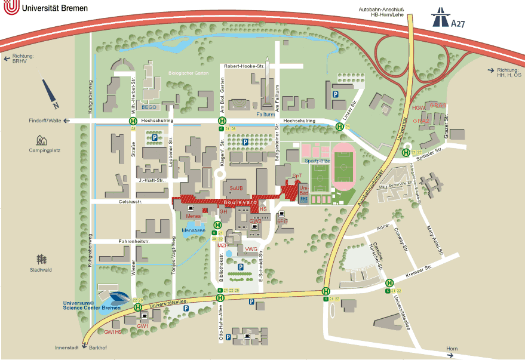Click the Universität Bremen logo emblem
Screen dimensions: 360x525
tap(10, 8)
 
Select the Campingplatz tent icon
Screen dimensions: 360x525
tap(41, 140)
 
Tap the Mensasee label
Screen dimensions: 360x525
tap(194, 230)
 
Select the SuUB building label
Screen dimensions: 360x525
tap(237, 188)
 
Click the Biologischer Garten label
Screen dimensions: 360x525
tap(187, 73)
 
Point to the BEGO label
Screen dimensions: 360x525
tap(149, 107)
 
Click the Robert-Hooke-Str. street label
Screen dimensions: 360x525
tap(244, 66)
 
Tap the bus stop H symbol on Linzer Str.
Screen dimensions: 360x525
tap(339, 127)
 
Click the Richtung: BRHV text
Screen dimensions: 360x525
tap(20, 59)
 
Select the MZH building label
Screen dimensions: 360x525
tap(222, 245)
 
